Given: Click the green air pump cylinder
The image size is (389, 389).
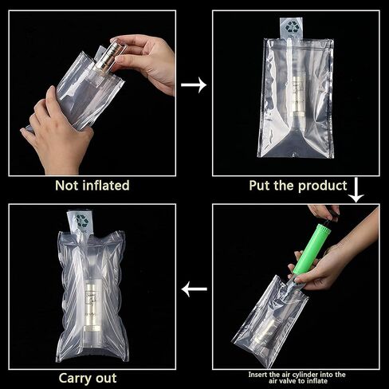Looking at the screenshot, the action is (311, 250).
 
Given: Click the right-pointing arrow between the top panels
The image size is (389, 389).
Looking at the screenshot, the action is (194, 85).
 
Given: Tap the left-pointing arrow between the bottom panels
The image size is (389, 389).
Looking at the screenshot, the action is (194, 289).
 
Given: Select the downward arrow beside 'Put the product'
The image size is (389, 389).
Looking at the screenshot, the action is (356, 190).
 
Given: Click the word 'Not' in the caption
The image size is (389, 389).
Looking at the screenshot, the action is (67, 186).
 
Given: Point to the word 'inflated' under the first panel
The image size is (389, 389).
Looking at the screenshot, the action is (106, 186).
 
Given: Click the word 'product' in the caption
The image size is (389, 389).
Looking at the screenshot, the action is (323, 186).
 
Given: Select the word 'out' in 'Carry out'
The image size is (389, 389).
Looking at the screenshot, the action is (106, 378).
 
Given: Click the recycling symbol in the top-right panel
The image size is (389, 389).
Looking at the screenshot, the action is (291, 27).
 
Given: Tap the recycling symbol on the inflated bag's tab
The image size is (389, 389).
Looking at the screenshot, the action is (81, 221).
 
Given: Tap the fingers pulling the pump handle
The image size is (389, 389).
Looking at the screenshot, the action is (324, 212).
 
